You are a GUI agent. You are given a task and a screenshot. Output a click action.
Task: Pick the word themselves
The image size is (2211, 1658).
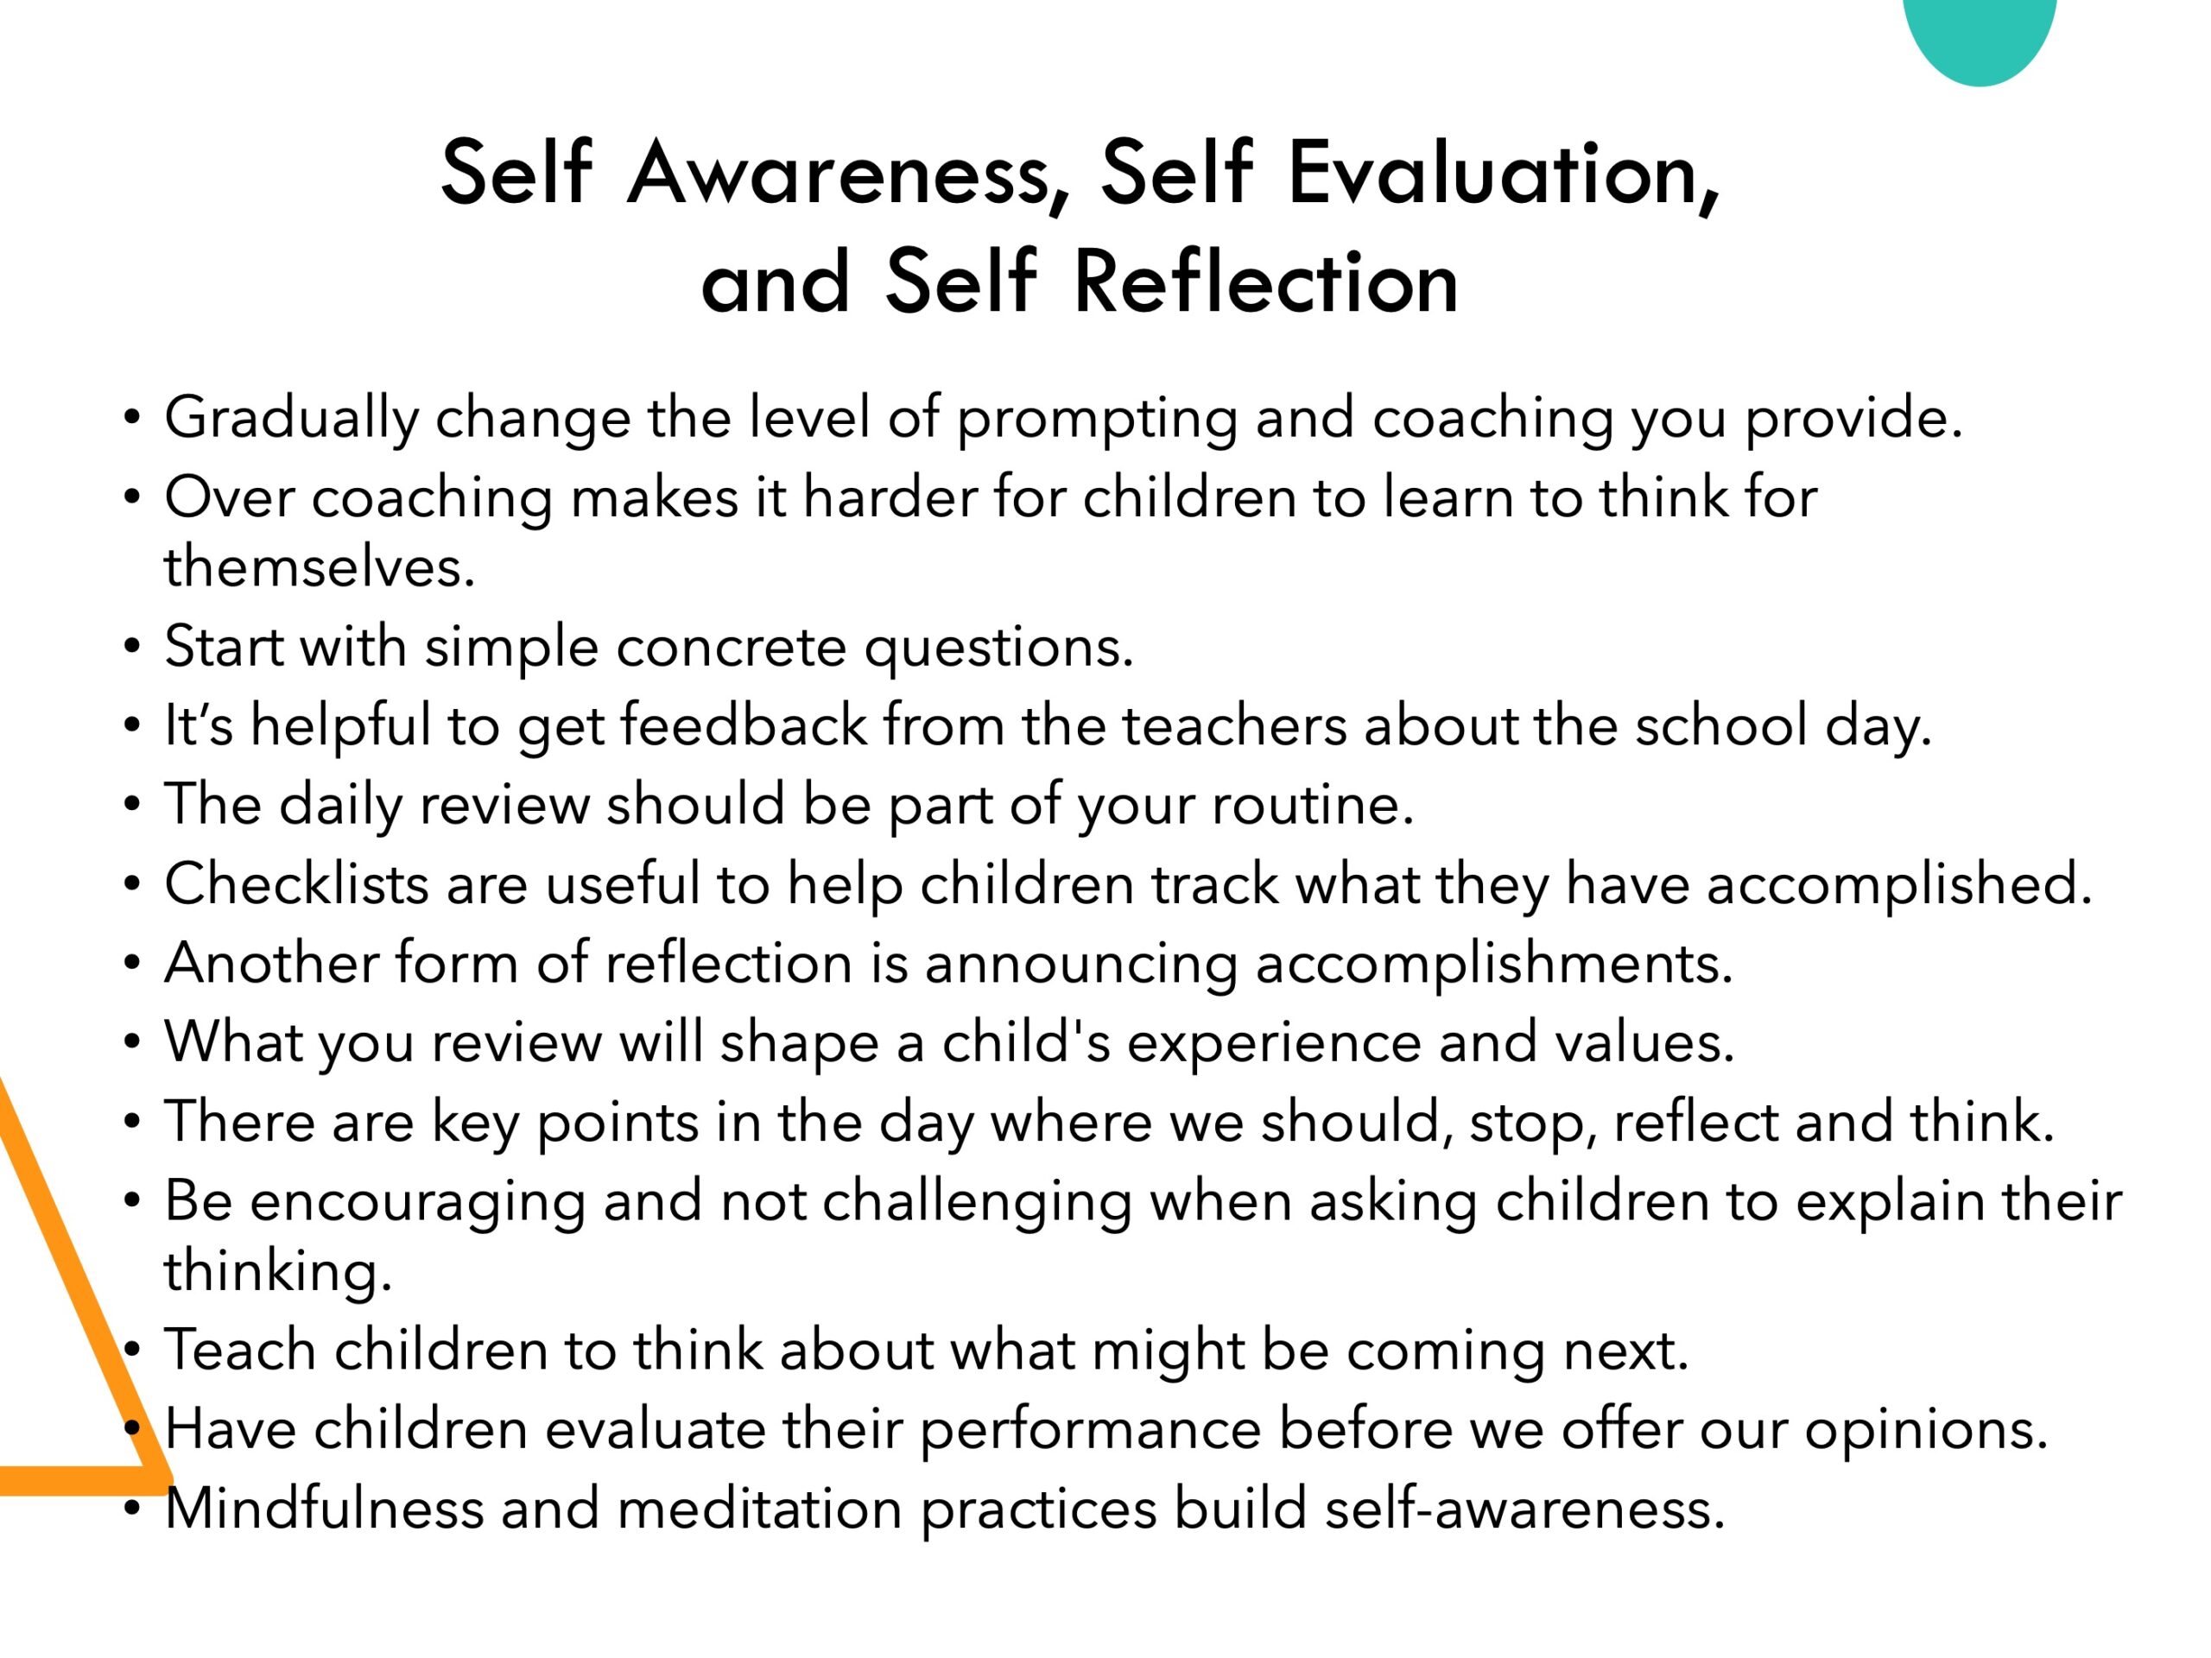point(319,566)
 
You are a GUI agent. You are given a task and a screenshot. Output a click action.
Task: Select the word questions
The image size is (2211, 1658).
point(998,648)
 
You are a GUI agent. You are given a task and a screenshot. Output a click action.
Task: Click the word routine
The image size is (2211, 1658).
point(1313,805)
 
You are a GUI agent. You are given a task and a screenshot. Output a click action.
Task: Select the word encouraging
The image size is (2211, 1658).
point(418,1201)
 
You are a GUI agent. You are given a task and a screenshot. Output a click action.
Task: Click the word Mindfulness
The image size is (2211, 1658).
point(324,1509)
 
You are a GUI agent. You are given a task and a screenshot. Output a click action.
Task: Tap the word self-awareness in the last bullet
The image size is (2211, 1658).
point(1524,1509)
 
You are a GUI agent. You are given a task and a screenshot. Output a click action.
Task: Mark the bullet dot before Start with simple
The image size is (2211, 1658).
point(132,647)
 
